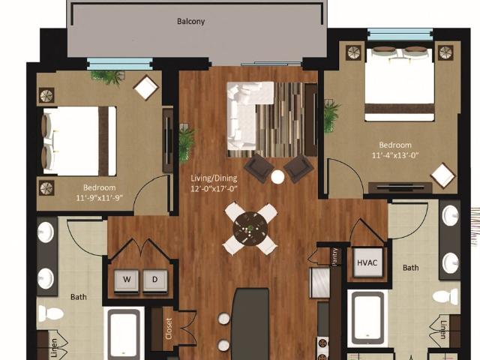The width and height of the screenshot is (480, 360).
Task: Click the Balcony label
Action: (x=190, y=22)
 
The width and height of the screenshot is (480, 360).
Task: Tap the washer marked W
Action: (x=127, y=280)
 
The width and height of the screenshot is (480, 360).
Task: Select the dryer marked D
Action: (x=155, y=280)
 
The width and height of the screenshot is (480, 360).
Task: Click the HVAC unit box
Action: (x=367, y=262)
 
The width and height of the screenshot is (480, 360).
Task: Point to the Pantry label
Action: (x=335, y=256)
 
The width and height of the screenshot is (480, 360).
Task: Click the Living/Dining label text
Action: (x=214, y=178)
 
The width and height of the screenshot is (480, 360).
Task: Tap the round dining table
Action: (x=250, y=228)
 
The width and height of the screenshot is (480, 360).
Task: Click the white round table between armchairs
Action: (x=277, y=177)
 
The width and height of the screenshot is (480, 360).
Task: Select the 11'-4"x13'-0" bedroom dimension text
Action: (x=395, y=155)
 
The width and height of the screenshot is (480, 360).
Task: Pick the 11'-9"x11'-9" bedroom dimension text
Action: (x=99, y=198)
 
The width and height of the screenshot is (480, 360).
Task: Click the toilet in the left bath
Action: (x=51, y=313)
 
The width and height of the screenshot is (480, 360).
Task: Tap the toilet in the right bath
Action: (x=445, y=297)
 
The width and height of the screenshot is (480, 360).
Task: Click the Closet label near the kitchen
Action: (x=169, y=328)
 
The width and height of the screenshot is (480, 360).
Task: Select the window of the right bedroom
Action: (x=400, y=34)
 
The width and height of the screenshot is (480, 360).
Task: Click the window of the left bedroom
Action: (x=120, y=64)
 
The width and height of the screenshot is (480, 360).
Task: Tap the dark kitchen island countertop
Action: (x=250, y=325)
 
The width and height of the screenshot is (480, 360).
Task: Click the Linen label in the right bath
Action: (x=443, y=329)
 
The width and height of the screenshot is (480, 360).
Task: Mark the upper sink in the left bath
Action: (x=46, y=232)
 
